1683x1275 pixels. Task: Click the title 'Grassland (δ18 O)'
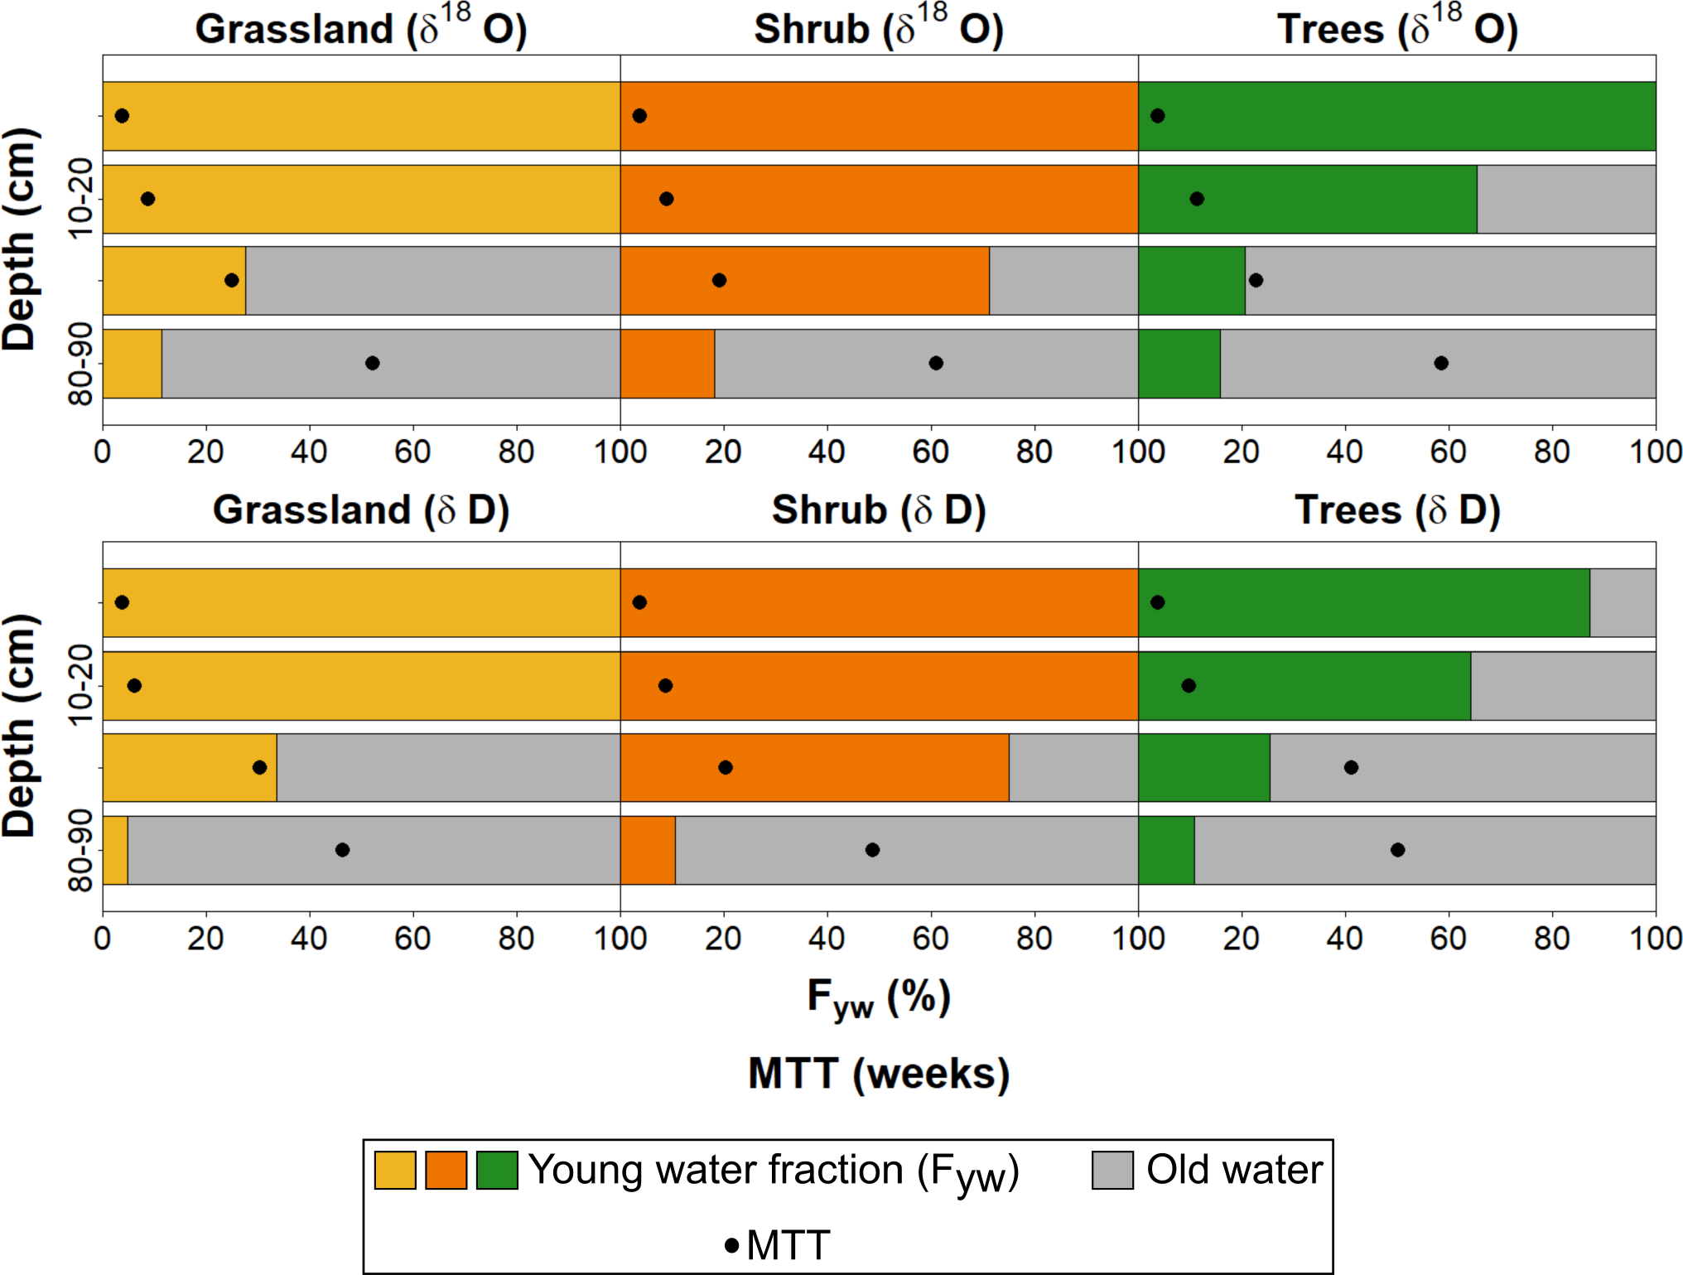pyautogui.click(x=360, y=29)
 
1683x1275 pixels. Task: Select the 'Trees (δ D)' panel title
pyautogui.click(x=1397, y=510)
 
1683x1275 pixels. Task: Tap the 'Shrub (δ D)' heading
pyautogui.click(x=879, y=510)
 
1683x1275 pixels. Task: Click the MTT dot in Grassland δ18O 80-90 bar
pyautogui.click(x=373, y=363)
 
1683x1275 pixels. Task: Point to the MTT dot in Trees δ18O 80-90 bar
pyautogui.click(x=1441, y=363)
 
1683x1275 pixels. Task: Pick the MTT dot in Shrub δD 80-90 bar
pyautogui.click(x=872, y=850)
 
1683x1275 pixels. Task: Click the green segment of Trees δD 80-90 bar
pyautogui.click(x=1166, y=850)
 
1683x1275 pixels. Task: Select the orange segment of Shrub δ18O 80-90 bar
pyautogui.click(x=668, y=363)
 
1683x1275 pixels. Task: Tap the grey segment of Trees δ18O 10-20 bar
pyautogui.click(x=1565, y=199)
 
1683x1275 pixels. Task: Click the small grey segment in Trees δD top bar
pyautogui.click(x=1623, y=602)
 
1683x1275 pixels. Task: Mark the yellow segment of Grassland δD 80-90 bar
pyautogui.click(x=115, y=850)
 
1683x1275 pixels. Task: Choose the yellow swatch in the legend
pyautogui.click(x=395, y=1170)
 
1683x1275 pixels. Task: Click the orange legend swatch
pyautogui.click(x=446, y=1170)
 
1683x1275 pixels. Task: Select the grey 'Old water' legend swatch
pyautogui.click(x=1112, y=1170)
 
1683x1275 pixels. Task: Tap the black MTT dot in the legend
pyautogui.click(x=732, y=1245)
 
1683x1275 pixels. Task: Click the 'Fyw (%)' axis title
pyautogui.click(x=879, y=997)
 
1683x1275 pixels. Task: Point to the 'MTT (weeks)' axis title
pyautogui.click(x=879, y=1074)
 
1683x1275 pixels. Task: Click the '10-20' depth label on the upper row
pyautogui.click(x=81, y=199)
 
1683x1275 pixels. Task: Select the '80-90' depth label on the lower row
pyautogui.click(x=81, y=850)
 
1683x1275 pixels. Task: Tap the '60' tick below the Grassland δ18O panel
pyautogui.click(x=412, y=452)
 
